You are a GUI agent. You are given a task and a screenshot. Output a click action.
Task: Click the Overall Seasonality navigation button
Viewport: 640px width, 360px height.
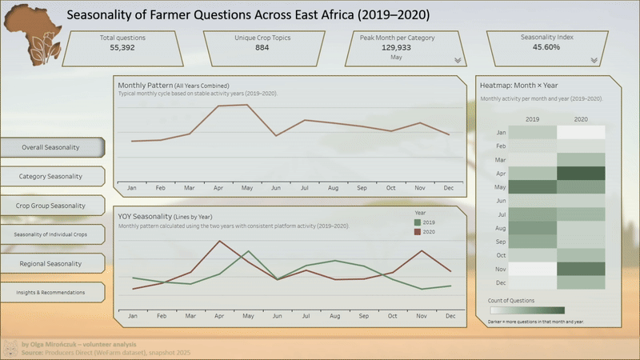click(x=51, y=147)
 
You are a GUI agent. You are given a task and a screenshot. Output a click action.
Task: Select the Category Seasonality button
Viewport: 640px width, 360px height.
click(x=51, y=175)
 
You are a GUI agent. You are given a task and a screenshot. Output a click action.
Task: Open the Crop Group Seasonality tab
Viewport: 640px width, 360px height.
click(x=51, y=206)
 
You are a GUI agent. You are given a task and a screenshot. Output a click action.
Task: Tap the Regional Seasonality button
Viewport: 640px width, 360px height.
click(x=51, y=263)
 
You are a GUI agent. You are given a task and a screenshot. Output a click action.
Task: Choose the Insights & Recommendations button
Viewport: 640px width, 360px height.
click(x=51, y=293)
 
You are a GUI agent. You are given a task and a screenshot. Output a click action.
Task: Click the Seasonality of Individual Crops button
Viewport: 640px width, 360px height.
click(x=51, y=234)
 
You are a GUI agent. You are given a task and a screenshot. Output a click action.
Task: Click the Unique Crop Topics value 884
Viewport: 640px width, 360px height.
click(x=262, y=48)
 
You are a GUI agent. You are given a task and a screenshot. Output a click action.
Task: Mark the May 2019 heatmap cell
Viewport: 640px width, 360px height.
click(x=532, y=186)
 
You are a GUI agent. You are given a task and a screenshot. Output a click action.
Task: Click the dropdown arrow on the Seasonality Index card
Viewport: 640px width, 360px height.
click(x=594, y=60)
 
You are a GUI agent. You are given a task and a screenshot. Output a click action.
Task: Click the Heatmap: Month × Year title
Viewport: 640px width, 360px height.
click(x=518, y=85)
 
